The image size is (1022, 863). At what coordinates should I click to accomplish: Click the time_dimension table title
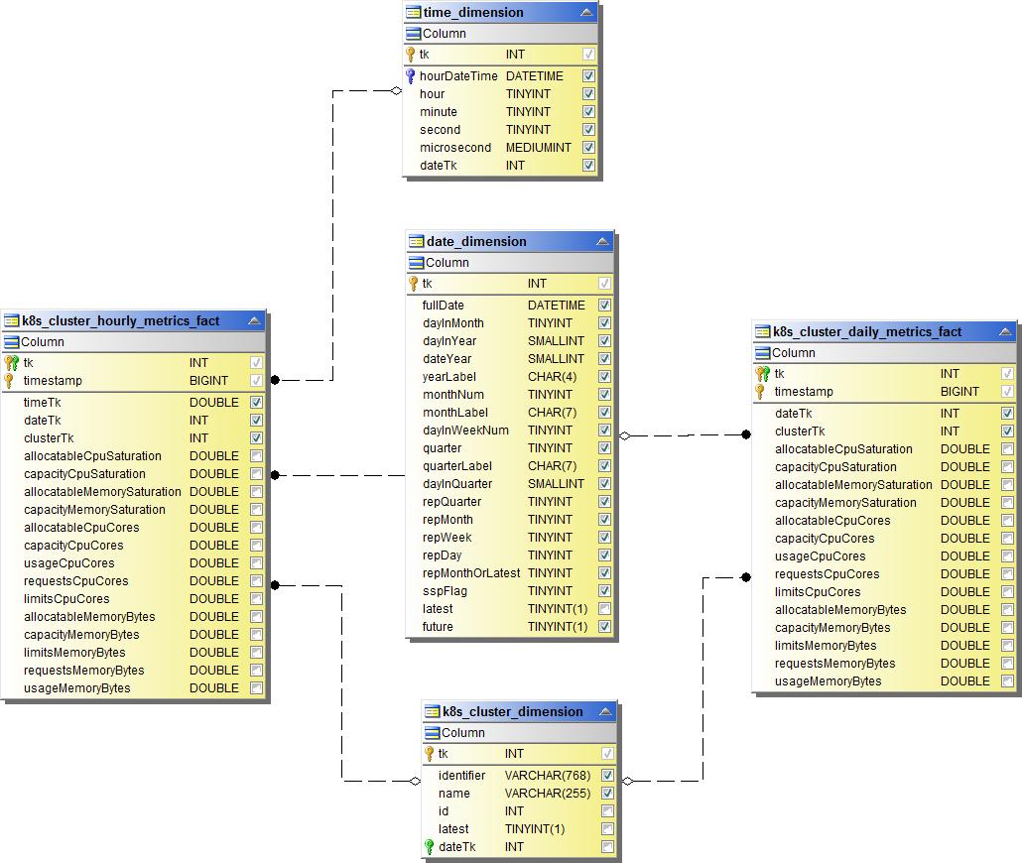tap(473, 13)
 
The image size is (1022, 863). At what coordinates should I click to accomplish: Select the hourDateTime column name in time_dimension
tap(458, 76)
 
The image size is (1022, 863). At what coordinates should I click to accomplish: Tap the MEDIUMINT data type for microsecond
tap(538, 148)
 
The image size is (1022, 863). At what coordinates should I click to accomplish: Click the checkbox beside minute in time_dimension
tap(588, 112)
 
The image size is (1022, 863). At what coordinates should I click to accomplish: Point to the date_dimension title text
tap(476, 242)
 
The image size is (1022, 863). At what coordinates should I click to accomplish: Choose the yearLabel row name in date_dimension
tap(449, 377)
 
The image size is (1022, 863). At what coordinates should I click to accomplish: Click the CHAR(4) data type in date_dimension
tap(552, 377)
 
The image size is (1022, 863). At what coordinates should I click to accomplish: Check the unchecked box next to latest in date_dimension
tap(604, 609)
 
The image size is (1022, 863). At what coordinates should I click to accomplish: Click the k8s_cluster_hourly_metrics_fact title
tap(121, 321)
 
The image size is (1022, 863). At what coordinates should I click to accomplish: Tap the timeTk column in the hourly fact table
tap(43, 403)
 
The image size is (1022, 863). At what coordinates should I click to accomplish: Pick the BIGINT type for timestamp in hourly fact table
tap(208, 381)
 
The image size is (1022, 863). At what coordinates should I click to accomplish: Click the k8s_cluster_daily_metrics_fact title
tap(867, 332)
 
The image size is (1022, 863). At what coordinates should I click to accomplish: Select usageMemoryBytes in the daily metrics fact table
tap(828, 681)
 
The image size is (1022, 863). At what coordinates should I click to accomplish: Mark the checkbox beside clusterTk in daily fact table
tap(1007, 431)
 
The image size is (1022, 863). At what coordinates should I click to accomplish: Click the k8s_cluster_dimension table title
tap(512, 712)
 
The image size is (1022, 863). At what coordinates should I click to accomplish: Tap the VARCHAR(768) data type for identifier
tap(547, 776)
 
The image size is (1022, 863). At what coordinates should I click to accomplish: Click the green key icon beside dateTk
tap(430, 847)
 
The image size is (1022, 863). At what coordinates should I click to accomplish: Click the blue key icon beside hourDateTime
tap(411, 76)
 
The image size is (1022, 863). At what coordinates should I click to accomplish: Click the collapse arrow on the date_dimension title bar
tap(602, 242)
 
